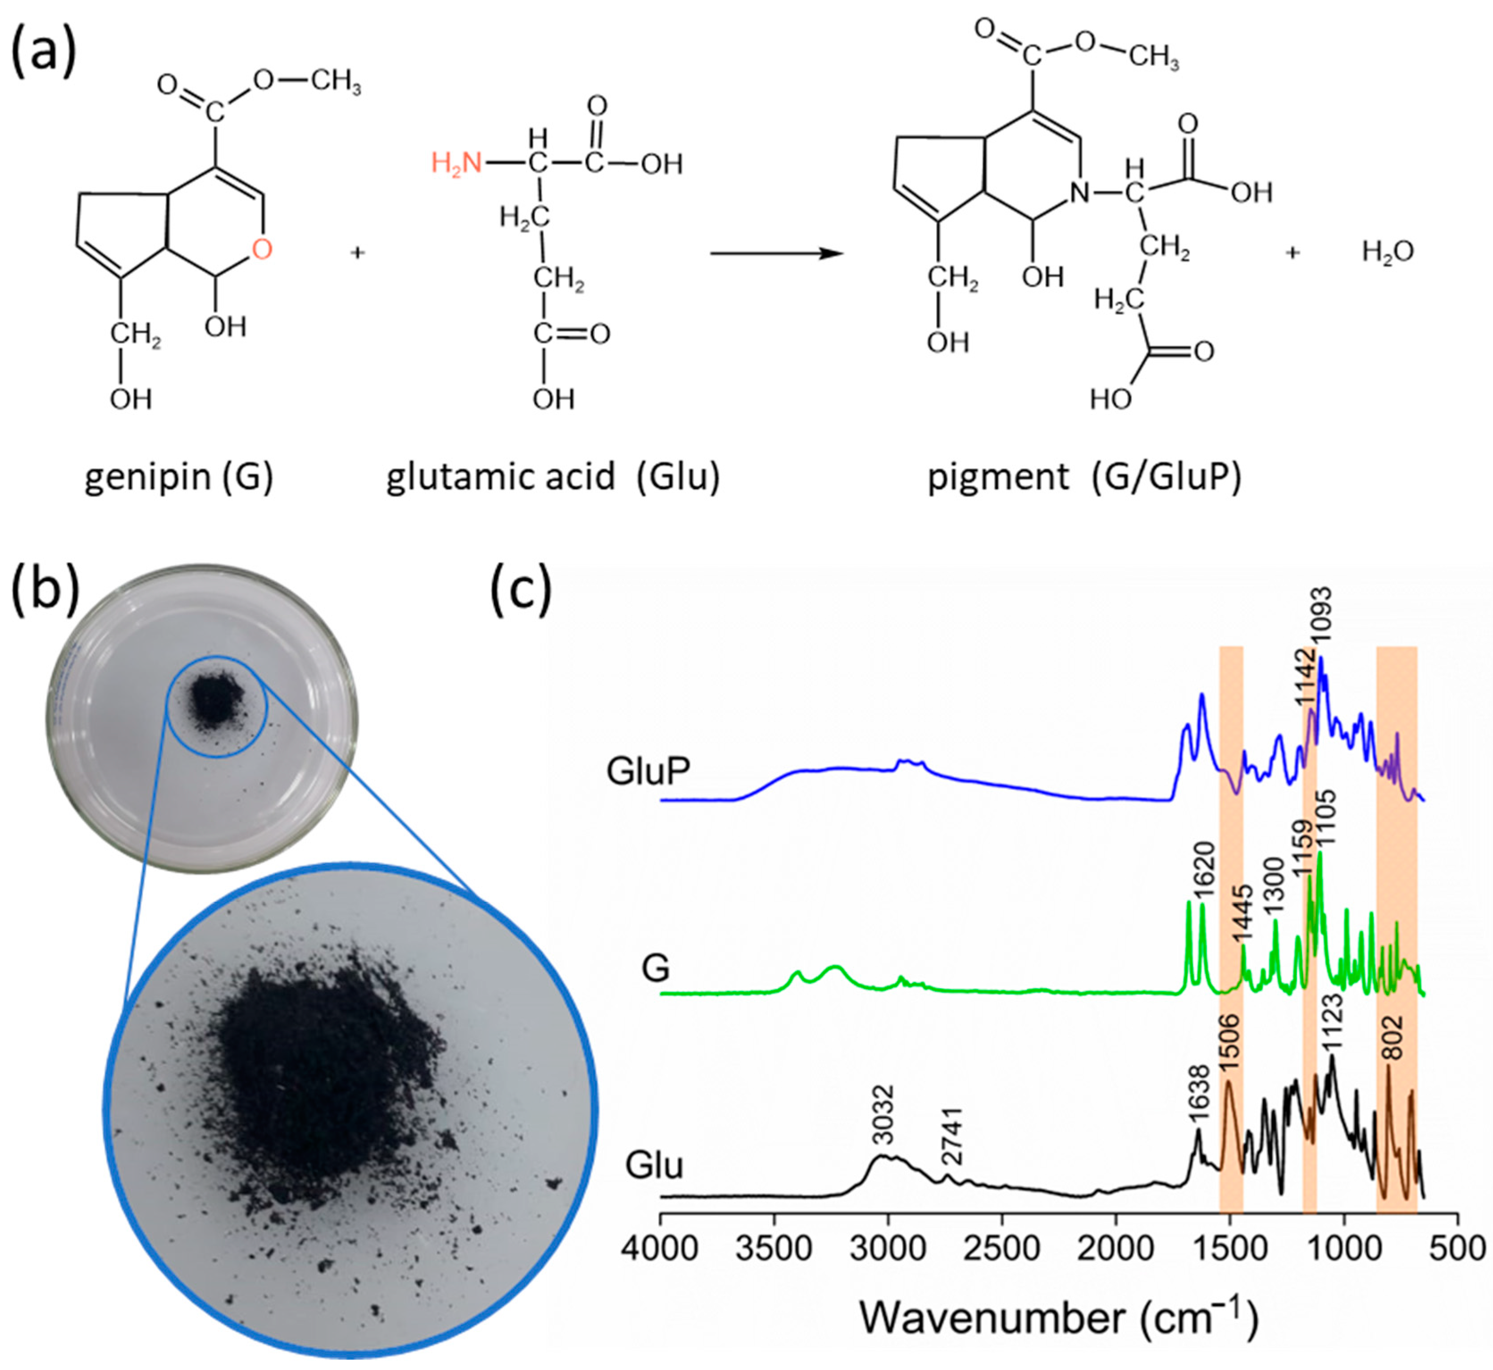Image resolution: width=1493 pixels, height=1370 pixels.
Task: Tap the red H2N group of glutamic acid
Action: [x=456, y=163]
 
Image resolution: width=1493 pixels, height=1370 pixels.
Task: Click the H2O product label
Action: [x=1388, y=253]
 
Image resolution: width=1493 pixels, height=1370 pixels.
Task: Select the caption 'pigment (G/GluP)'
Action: [x=1084, y=476]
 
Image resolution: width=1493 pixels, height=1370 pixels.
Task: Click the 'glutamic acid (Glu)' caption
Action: [x=553, y=476]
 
